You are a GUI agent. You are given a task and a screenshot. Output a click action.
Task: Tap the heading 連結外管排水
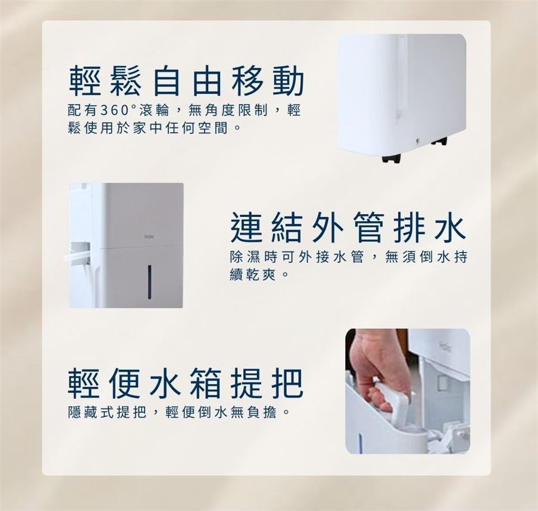[348, 227]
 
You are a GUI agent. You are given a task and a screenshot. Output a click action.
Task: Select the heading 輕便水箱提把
[185, 383]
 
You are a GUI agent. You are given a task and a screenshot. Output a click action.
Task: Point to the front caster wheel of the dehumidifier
[391, 158]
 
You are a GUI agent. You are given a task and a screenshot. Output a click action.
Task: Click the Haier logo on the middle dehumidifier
[149, 236]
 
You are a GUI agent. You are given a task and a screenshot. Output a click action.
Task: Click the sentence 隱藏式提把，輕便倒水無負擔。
[178, 412]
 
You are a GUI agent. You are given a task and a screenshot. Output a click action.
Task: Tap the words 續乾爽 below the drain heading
[253, 275]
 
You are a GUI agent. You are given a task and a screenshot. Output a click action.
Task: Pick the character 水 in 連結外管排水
[451, 227]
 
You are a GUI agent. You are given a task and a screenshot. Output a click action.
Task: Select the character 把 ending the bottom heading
[287, 383]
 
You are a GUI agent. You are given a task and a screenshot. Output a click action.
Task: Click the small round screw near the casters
[417, 140]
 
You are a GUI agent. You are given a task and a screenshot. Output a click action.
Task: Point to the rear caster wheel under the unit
[439, 141]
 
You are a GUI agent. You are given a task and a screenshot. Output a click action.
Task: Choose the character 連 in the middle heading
[245, 227]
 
